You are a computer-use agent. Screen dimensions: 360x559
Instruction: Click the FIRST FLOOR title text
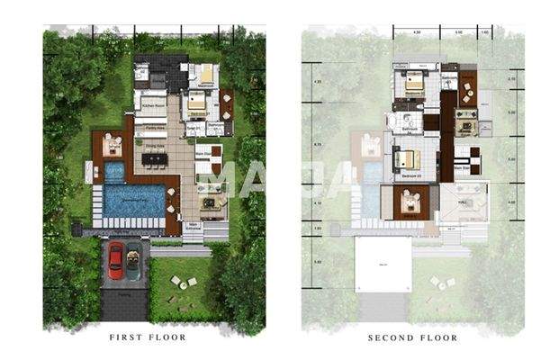148,337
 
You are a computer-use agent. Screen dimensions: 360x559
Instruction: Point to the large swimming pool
133,200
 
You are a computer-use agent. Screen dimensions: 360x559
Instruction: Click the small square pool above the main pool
114,171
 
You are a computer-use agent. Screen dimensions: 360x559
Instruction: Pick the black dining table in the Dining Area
154,160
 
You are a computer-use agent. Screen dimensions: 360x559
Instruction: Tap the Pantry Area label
153,129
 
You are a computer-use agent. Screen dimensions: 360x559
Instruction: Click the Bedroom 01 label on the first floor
198,114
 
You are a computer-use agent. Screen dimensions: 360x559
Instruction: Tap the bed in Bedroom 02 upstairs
415,85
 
